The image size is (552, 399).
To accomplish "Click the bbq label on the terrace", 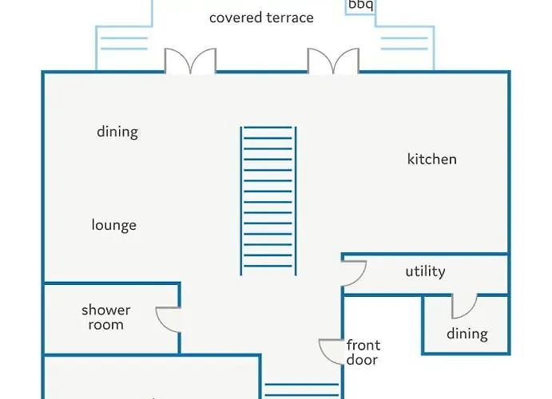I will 360,5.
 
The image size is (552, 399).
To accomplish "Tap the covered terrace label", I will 261,18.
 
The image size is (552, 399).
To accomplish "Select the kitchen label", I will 431,160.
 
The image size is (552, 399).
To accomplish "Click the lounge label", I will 114,226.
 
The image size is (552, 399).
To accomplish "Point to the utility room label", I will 425,272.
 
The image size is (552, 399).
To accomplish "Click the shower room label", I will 105,318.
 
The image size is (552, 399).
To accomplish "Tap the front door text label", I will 363,353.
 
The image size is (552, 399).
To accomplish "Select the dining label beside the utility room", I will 467,334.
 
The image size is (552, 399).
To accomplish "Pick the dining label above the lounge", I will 117,132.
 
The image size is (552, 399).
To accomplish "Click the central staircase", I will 268,200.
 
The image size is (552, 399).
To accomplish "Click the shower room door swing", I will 169,319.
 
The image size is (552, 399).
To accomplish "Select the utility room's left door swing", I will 354,274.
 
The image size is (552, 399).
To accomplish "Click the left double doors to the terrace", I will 190,62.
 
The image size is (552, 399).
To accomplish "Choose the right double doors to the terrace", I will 333,62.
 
